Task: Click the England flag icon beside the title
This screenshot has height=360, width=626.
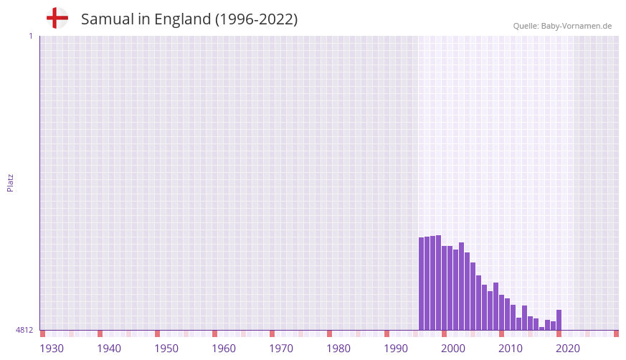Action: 57,19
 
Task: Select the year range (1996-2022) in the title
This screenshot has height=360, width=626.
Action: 256,19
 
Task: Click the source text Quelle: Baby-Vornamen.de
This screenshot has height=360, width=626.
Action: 562,26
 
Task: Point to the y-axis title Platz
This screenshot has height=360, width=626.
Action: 10,182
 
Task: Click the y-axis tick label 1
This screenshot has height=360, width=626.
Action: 30,36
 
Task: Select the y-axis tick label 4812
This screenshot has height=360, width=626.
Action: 24,330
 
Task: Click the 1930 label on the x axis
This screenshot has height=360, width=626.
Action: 52,349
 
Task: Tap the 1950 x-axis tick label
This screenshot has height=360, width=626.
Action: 166,349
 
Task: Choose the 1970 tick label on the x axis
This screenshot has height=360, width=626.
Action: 281,349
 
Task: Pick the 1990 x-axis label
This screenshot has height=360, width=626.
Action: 396,349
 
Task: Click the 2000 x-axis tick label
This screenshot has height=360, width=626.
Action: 453,349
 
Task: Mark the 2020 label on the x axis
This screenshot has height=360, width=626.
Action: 568,349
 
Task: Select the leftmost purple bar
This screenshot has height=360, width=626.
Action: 422,283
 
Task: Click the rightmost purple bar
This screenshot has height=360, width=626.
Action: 559,320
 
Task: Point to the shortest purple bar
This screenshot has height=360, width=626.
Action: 542,328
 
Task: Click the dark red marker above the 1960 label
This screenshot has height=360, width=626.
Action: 214,333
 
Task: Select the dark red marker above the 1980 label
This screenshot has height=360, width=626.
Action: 329,333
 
